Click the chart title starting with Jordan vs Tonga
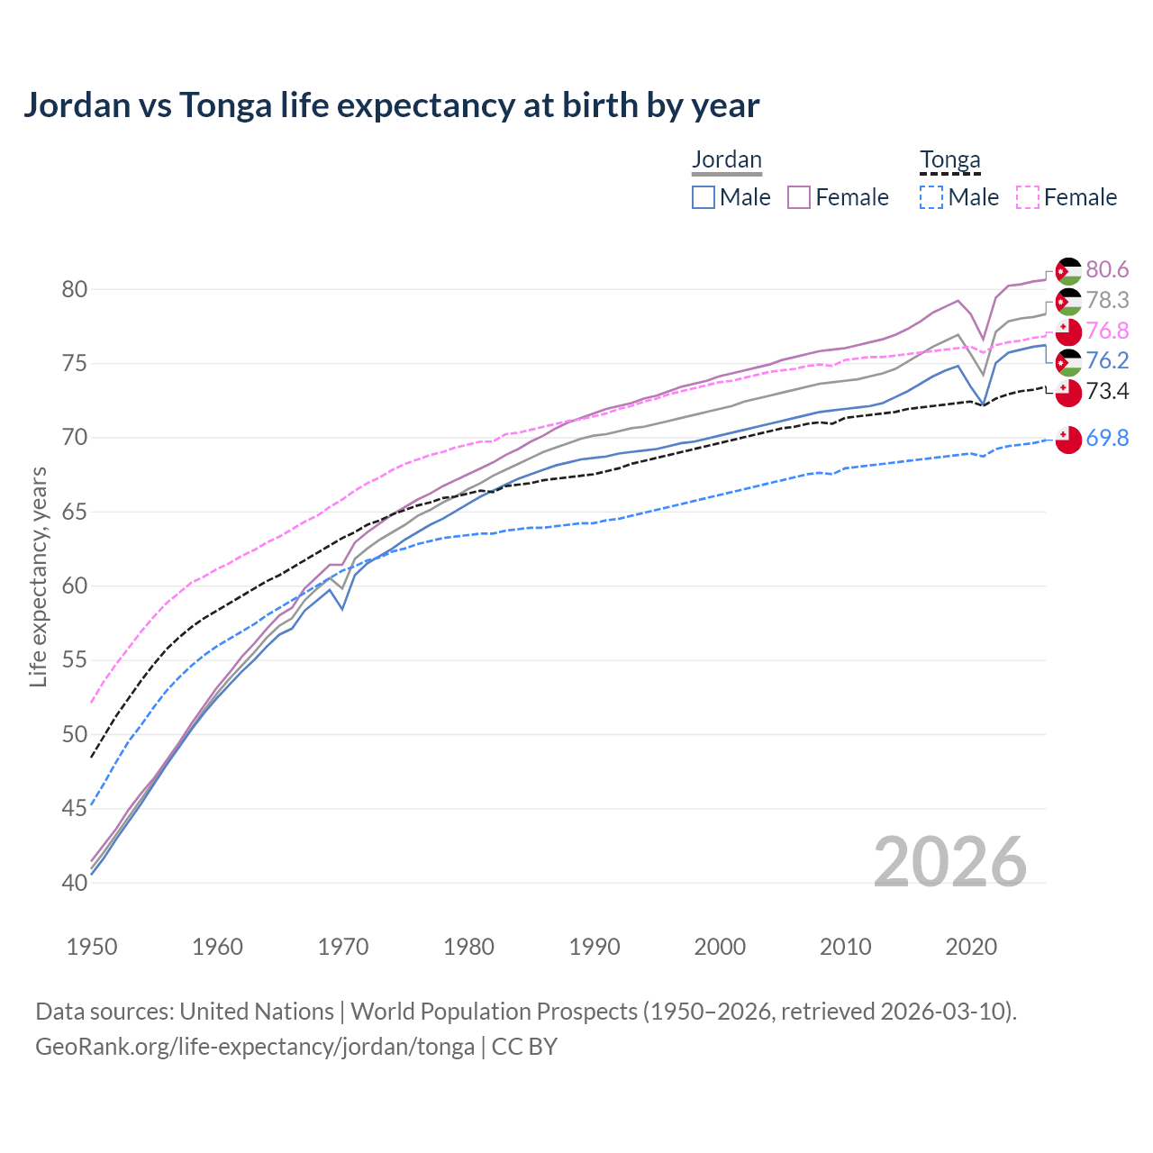[x=391, y=105]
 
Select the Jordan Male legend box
[x=704, y=197]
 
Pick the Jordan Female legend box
[x=799, y=197]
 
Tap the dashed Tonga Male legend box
[x=931, y=197]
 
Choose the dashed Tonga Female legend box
[x=1027, y=197]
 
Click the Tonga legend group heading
[x=949, y=160]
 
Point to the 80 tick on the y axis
[x=75, y=290]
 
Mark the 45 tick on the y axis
[x=75, y=808]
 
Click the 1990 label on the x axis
[x=595, y=947]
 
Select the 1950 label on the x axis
[x=92, y=947]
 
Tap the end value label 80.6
[x=1107, y=270]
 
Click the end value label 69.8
[x=1107, y=439]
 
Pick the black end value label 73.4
[x=1107, y=391]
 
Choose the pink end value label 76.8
[x=1107, y=331]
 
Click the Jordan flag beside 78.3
[x=1068, y=302]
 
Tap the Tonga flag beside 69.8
[x=1068, y=440]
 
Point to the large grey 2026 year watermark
[x=949, y=862]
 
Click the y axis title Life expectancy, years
[x=39, y=576]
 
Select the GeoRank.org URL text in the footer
[x=255, y=1047]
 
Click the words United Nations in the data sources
[x=257, y=1012]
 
